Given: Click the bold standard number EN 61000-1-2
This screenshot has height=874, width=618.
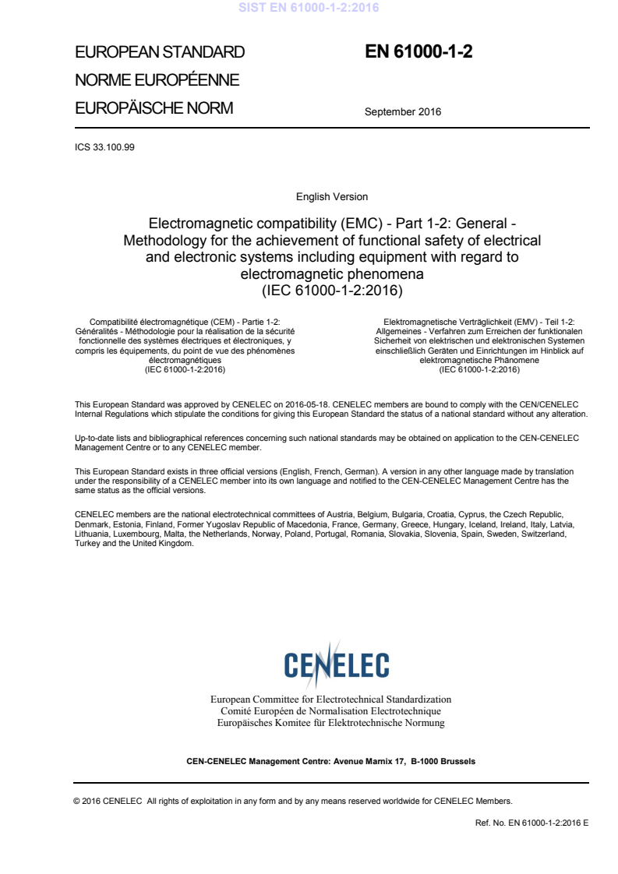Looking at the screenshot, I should coord(418,52).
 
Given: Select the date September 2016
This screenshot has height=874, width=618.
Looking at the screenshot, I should coord(402,111).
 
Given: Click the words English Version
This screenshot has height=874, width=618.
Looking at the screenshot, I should coord(332,197).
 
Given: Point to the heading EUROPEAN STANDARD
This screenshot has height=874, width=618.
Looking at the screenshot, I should coord(160,53).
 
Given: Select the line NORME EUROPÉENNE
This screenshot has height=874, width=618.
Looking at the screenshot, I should coord(157,80).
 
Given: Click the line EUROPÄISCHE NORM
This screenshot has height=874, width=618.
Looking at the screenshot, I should coord(154,108).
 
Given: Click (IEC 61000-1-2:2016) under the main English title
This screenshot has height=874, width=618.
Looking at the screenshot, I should coord(332,291).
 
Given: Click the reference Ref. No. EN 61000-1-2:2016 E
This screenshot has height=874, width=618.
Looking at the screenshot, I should coord(531,823).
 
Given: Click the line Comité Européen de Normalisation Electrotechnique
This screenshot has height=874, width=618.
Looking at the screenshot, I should coord(331,711).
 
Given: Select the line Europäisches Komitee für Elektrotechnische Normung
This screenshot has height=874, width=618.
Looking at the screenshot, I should coord(331,723).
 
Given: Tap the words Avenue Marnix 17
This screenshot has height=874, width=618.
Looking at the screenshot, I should coord(367,761).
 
